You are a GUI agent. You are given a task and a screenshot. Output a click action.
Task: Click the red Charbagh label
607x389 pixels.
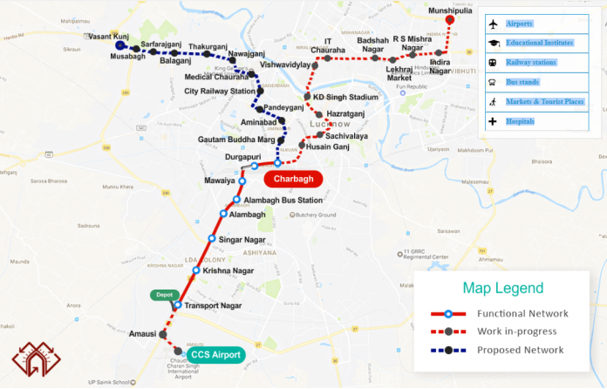(293, 179)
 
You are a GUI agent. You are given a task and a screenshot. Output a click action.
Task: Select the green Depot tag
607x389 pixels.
(164, 295)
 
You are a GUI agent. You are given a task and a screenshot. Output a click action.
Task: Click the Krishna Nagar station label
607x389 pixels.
(228, 270)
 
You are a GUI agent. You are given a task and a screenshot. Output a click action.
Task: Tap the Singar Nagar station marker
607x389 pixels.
(212, 238)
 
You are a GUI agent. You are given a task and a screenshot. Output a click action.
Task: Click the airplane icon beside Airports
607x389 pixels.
(494, 24)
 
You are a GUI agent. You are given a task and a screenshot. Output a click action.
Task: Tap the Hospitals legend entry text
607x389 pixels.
(520, 121)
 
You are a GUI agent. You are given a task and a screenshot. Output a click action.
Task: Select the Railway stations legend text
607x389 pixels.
(535, 63)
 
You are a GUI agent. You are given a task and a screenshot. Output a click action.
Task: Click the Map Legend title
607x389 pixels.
(502, 288)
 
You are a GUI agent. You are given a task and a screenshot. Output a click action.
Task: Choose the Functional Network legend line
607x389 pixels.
(448, 313)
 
